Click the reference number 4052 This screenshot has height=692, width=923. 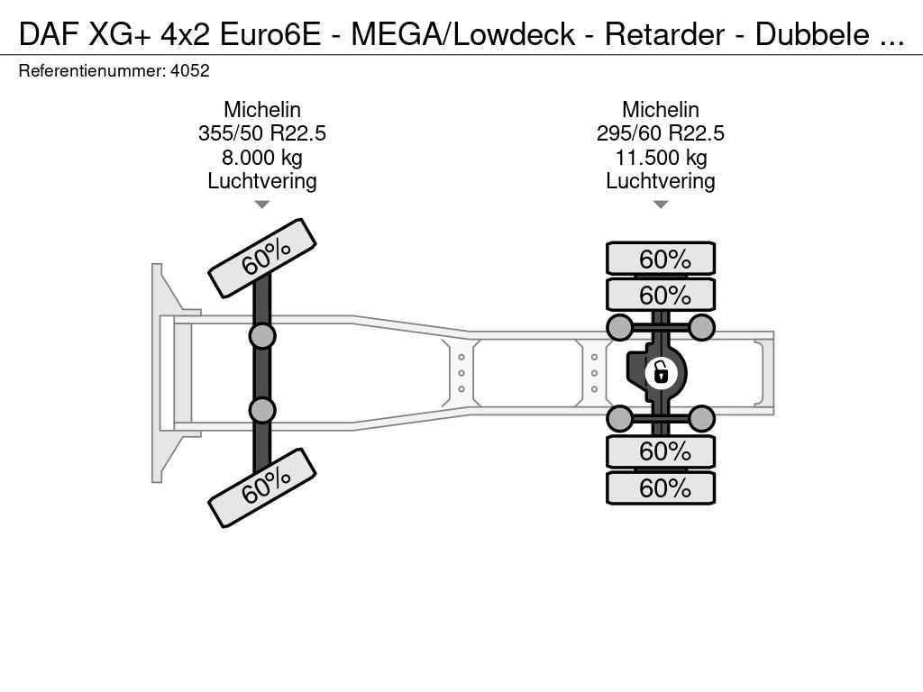click(189, 71)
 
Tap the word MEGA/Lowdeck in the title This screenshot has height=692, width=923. click(462, 34)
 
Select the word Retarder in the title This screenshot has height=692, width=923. click(664, 34)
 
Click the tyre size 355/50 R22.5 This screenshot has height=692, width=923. click(262, 133)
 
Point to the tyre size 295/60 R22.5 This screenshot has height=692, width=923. click(661, 133)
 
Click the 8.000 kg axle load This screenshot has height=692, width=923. click(262, 158)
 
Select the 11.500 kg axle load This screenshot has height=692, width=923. click(661, 158)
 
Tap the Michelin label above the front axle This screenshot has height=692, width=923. click(262, 109)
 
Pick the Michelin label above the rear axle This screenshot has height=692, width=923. click(661, 109)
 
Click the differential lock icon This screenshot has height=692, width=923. click(661, 373)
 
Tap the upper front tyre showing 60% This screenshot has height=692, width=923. click(262, 259)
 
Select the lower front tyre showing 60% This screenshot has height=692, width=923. click(262, 487)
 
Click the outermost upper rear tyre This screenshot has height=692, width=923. click(661, 259)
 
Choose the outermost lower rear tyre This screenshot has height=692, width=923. click(661, 487)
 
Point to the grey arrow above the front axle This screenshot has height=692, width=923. click(262, 205)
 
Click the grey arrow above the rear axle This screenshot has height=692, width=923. click(661, 205)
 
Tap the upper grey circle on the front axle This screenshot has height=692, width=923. click(262, 337)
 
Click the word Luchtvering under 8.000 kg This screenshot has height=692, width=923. click(262, 181)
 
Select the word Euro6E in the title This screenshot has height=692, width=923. click(270, 34)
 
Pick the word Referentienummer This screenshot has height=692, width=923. click(92, 71)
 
